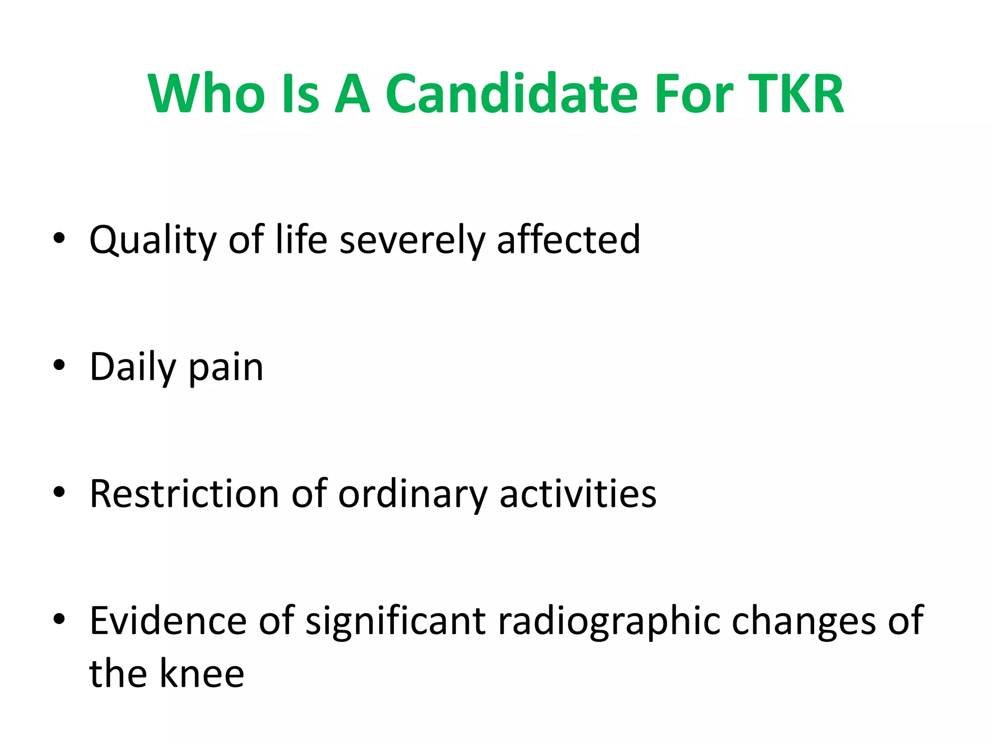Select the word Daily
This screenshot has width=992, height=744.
(133, 368)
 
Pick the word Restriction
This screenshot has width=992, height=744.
(185, 494)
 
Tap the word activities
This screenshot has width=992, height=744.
(578, 494)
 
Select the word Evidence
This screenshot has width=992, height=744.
(168, 621)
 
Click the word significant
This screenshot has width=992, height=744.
(395, 622)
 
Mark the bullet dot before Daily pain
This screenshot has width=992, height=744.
(59, 366)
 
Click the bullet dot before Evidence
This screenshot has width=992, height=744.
(59, 619)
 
